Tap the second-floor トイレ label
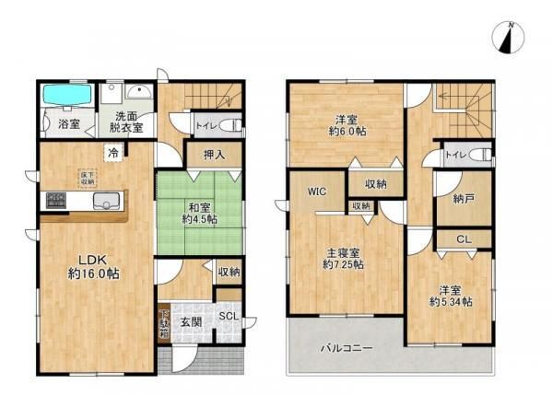pos(456,156)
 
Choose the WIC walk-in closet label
pos(316,192)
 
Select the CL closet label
pos(463,240)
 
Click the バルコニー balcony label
pos(347,349)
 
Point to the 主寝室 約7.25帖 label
pos(343,257)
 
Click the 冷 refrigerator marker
pos(113,152)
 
